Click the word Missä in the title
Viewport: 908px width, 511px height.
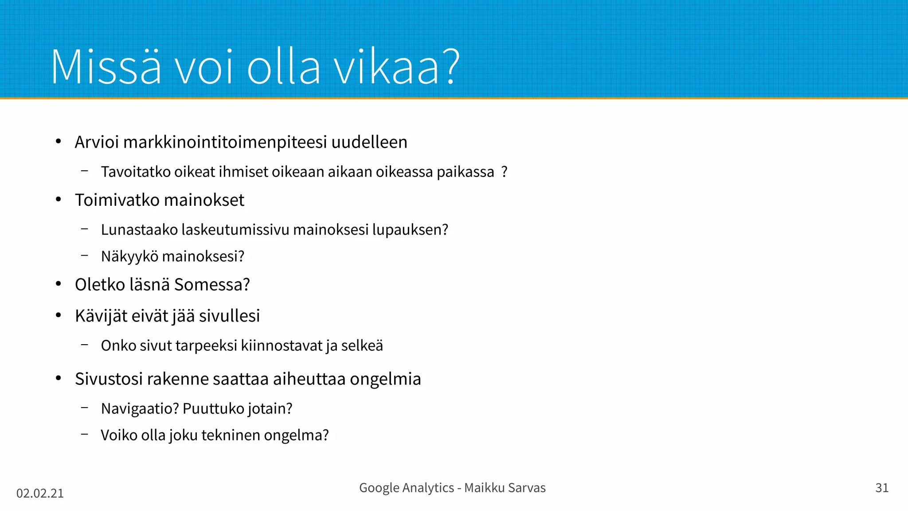[x=106, y=67]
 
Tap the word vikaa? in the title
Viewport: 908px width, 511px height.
[x=397, y=67]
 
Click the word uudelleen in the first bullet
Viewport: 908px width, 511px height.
[x=369, y=142]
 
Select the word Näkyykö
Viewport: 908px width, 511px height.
[x=129, y=256]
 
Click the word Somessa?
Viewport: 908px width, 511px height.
[x=212, y=285]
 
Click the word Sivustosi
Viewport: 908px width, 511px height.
[x=109, y=379]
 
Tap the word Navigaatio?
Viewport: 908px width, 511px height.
[x=140, y=409]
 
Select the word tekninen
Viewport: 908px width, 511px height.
[x=231, y=435]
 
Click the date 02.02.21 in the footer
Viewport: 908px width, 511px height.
[x=40, y=493]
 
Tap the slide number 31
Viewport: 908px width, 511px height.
[x=882, y=488]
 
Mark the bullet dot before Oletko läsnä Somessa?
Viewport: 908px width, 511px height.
[x=59, y=284]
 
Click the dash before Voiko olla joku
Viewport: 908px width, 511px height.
[x=85, y=434]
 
